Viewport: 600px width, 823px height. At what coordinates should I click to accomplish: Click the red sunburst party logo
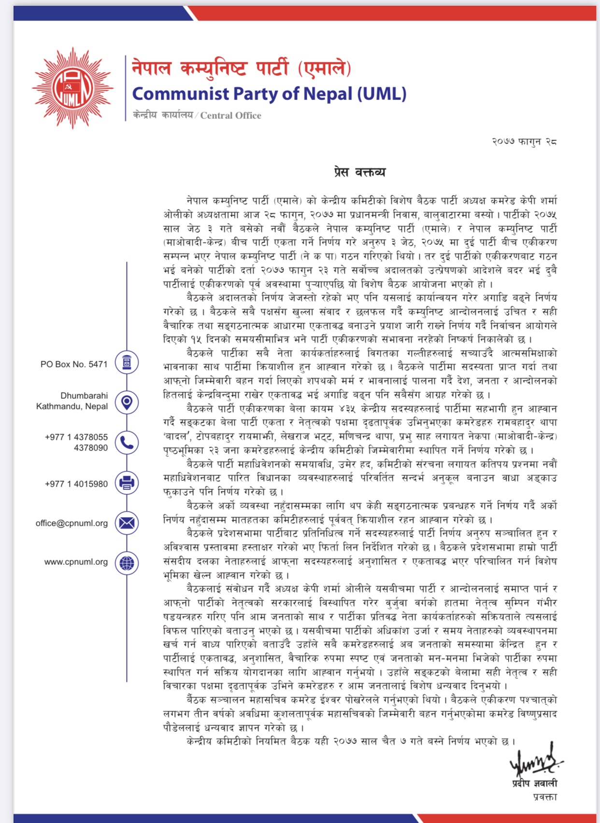click(x=73, y=88)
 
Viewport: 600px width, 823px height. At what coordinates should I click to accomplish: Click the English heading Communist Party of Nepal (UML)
click(x=269, y=94)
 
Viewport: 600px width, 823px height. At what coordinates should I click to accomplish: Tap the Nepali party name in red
click(x=241, y=68)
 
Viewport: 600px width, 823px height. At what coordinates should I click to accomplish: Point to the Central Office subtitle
click(x=197, y=115)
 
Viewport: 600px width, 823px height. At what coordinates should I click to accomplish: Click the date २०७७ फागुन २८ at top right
click(x=524, y=141)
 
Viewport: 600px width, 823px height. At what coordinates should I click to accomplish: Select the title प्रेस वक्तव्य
click(x=359, y=172)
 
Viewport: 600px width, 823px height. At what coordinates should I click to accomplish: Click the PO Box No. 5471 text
click(x=74, y=364)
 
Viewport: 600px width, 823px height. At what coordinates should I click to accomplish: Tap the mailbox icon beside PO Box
click(x=127, y=363)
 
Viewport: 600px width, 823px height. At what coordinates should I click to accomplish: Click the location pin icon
click(x=127, y=402)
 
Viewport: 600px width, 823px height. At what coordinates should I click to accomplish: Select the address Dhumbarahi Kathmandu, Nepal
click(x=72, y=401)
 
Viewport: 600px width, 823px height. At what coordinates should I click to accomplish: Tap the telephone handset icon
click(x=127, y=442)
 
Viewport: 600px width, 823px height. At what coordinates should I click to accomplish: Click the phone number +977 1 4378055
click(x=76, y=437)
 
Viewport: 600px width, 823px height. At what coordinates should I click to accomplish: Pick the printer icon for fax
click(x=127, y=483)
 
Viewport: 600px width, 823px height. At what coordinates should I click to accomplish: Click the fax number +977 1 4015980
click(x=76, y=484)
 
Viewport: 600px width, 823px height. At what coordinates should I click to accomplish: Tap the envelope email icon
click(x=127, y=523)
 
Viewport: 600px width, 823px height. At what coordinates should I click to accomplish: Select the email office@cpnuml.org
click(x=71, y=523)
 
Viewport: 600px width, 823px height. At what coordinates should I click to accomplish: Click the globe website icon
click(x=127, y=563)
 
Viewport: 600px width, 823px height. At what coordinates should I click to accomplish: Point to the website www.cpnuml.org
click(x=76, y=562)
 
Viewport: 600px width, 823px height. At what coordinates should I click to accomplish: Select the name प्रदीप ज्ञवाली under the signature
click(x=535, y=783)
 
